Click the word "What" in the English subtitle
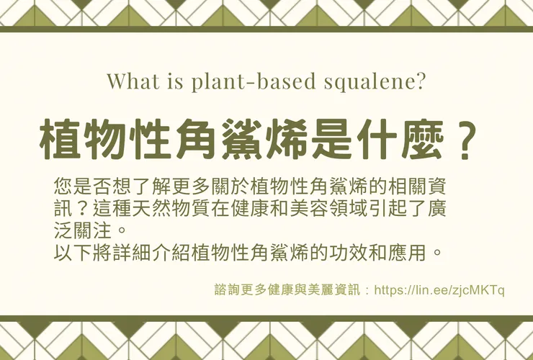tap(130, 81)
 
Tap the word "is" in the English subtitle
tap(169, 81)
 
